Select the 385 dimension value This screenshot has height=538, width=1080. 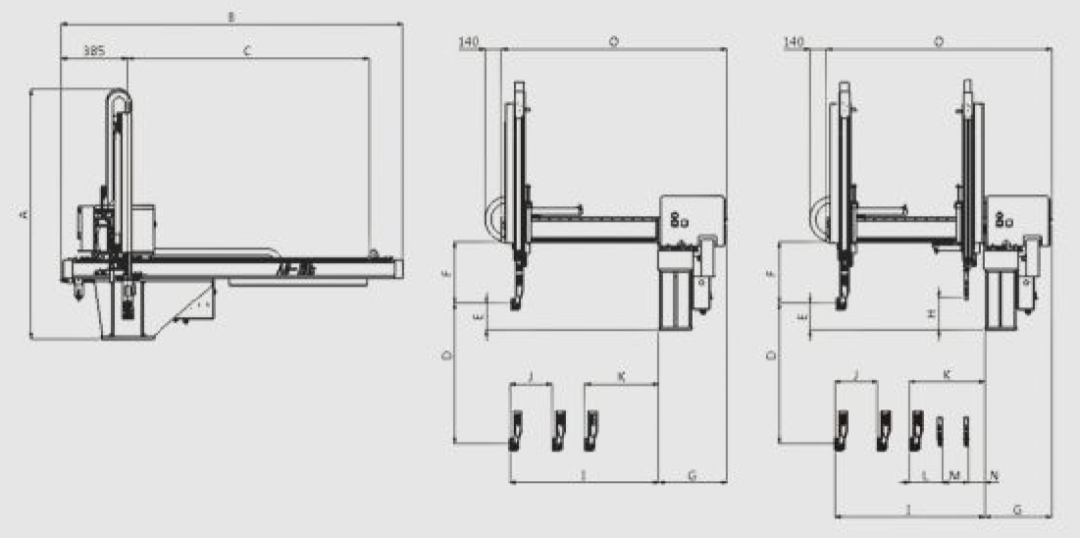point(94,48)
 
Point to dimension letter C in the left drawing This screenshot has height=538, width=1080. point(247,48)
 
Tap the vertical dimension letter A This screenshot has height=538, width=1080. point(23,213)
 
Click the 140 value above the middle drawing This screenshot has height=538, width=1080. point(470,42)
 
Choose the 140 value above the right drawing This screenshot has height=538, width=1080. point(795,42)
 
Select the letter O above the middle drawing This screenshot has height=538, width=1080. point(613,41)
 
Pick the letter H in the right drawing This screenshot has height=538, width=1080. point(930,312)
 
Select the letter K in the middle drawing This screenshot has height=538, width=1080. point(620,376)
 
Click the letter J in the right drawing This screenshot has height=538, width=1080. point(856,375)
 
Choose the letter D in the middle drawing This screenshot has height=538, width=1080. point(447,355)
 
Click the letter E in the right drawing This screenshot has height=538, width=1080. point(802,318)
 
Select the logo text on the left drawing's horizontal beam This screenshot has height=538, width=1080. point(287,266)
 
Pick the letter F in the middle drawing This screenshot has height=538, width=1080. point(447,274)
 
